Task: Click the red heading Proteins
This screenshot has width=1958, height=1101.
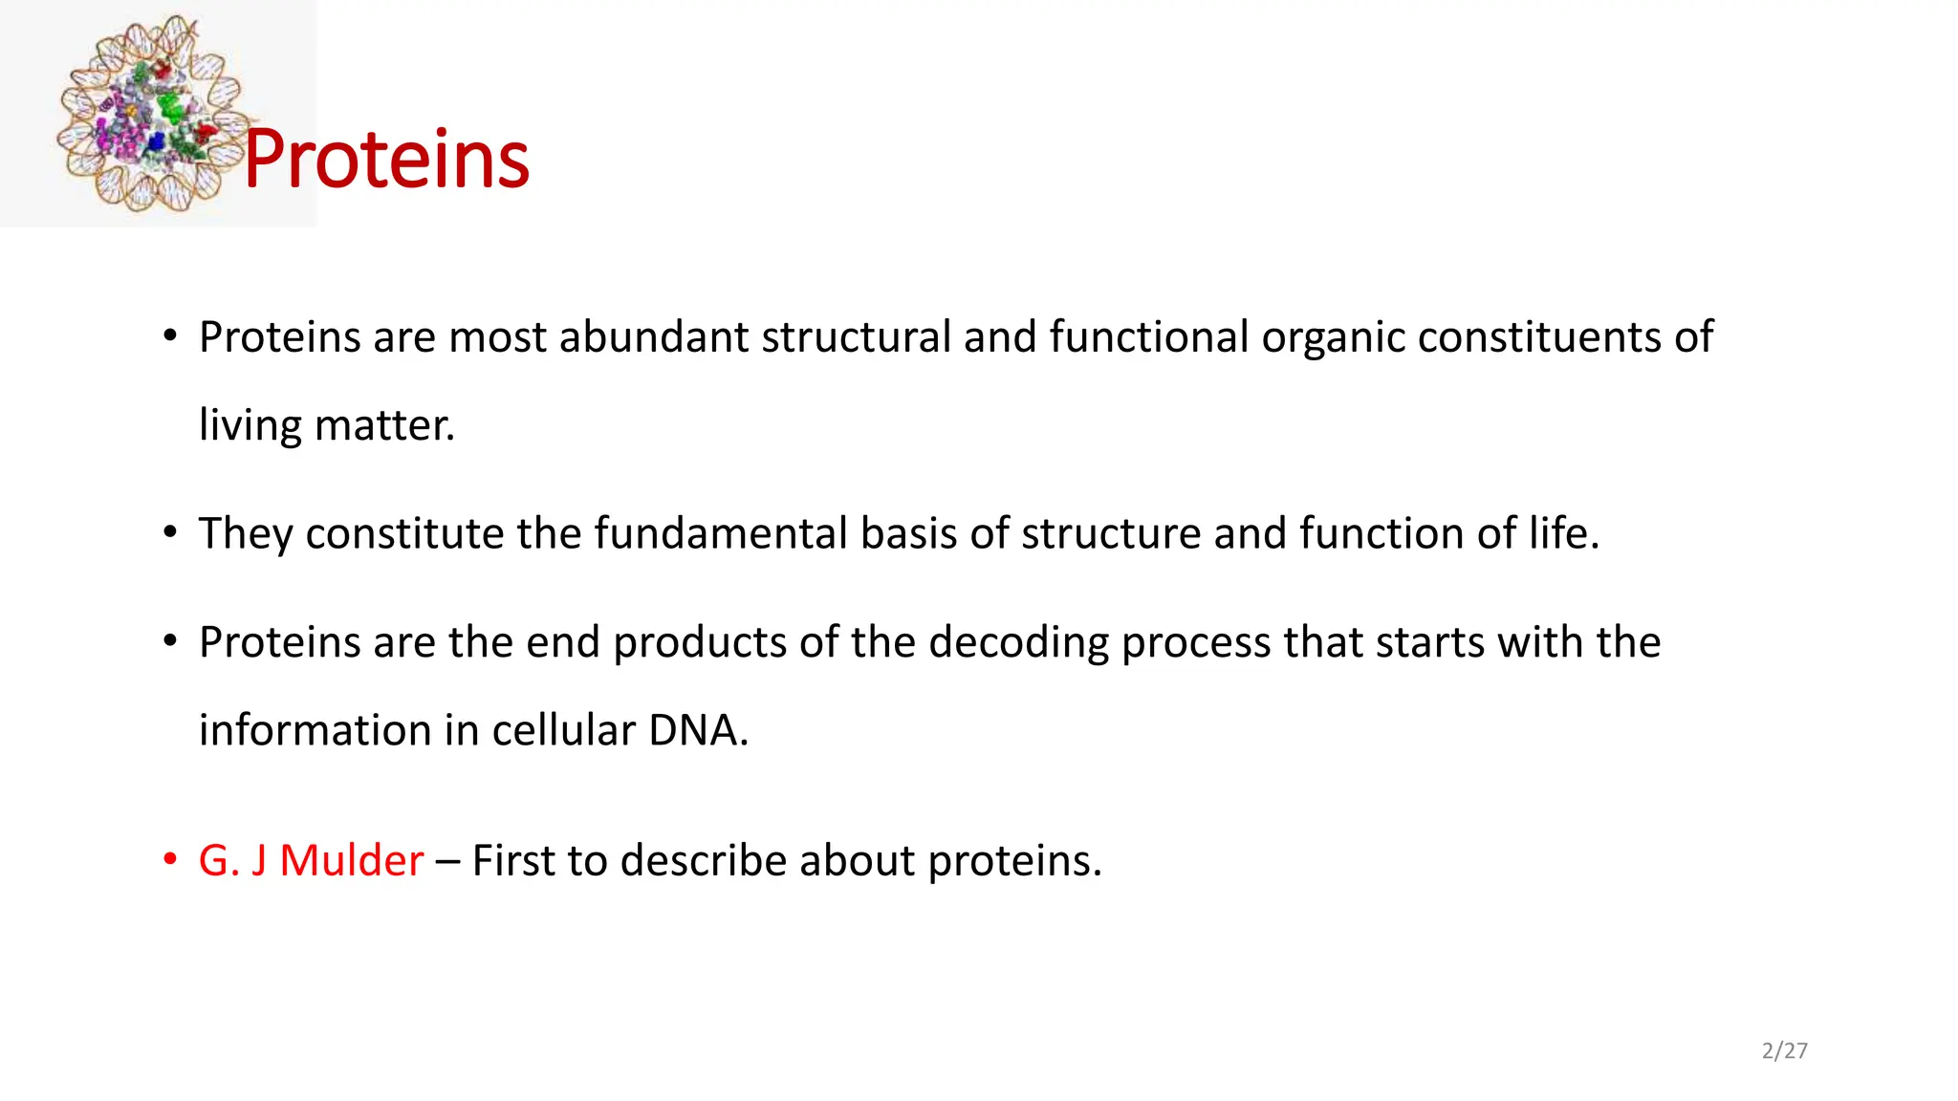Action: tap(386, 159)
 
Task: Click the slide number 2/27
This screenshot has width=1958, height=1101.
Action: tap(1784, 1050)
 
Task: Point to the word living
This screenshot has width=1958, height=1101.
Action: tap(250, 425)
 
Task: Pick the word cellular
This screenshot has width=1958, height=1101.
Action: tap(563, 730)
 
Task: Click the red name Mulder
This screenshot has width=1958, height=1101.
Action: tap(351, 860)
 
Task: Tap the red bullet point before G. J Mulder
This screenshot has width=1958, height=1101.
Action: tap(170, 859)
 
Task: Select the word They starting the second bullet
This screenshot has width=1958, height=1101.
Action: tap(245, 533)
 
